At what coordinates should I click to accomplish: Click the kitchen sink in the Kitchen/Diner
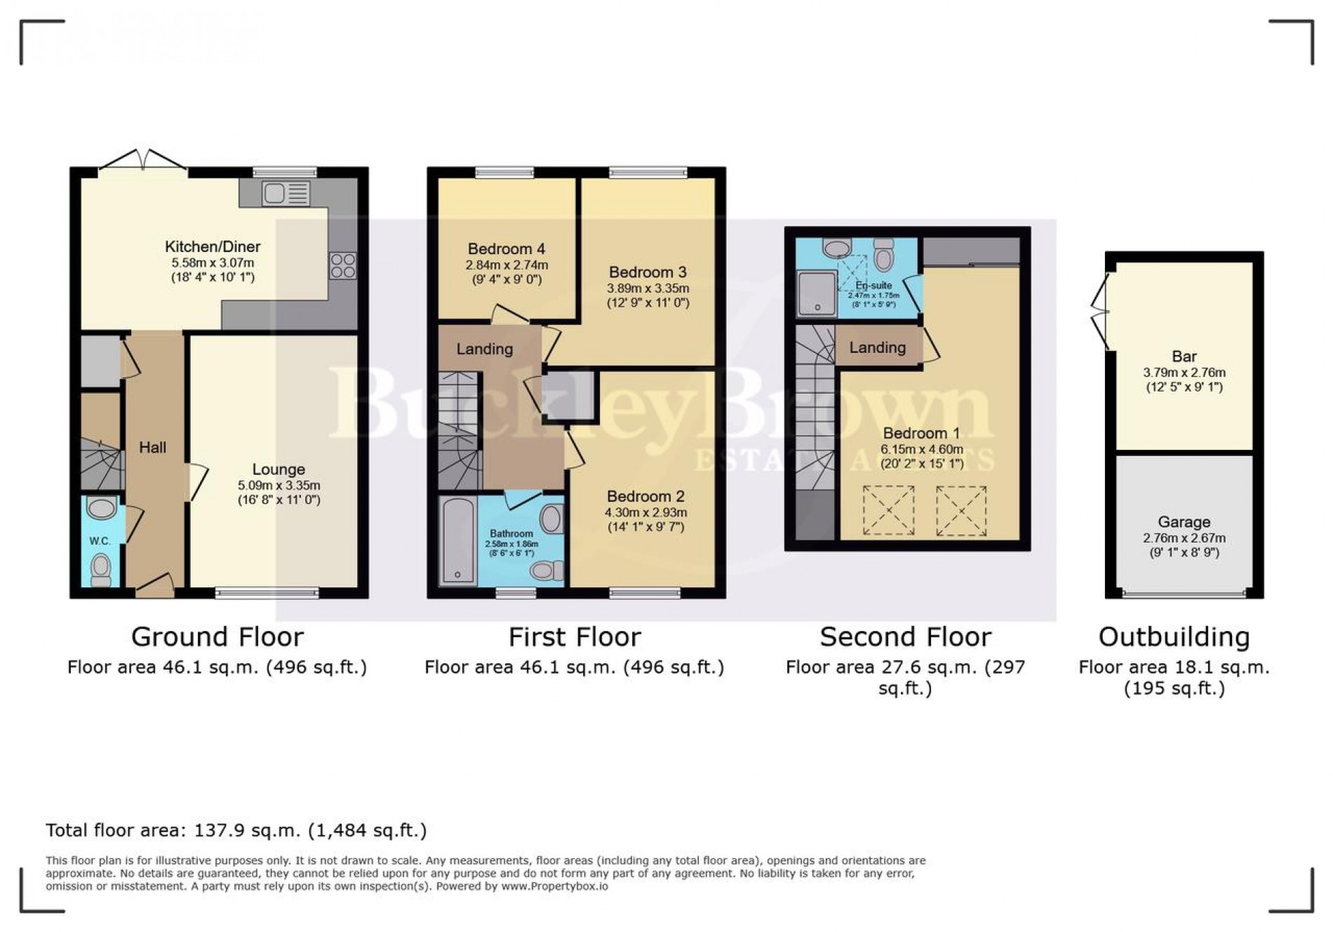[286, 193]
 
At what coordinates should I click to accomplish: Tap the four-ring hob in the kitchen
[343, 266]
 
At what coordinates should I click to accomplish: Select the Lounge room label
[279, 469]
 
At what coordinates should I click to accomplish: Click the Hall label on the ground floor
[152, 447]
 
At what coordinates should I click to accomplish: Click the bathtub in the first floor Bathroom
[457, 540]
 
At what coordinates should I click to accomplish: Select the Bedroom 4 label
[507, 248]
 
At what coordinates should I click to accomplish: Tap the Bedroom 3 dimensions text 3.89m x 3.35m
[648, 288]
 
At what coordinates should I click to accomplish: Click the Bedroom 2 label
[645, 496]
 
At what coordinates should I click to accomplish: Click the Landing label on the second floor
[877, 347]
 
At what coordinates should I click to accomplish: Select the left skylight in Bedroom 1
[888, 510]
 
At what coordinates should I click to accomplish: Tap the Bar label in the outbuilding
[1184, 356]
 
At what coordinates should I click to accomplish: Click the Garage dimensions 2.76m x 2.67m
[1184, 538]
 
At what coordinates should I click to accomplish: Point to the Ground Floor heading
[217, 637]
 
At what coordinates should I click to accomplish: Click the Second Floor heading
[905, 637]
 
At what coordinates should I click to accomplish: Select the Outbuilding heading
[1174, 637]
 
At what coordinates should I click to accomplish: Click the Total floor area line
[236, 830]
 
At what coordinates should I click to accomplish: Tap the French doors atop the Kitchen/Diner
[143, 161]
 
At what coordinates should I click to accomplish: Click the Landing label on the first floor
[484, 349]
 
